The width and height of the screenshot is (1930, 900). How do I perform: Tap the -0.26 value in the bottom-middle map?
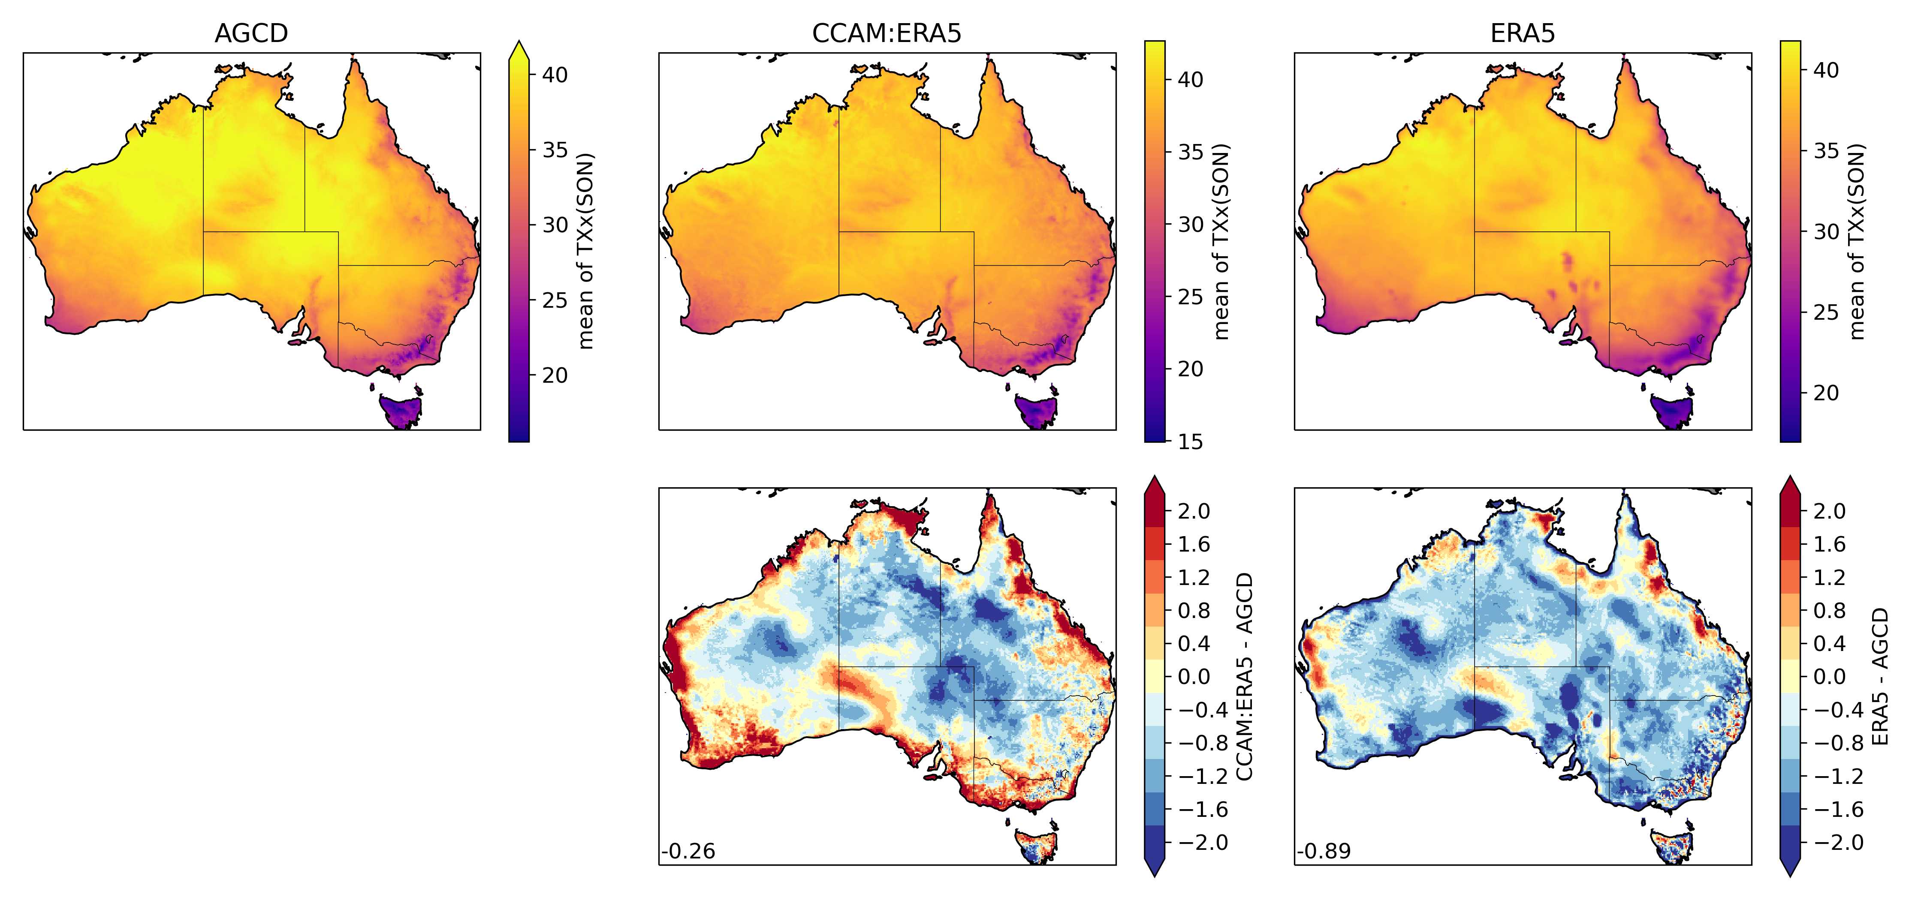click(688, 851)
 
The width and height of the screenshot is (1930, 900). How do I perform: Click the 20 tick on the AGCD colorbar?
click(555, 375)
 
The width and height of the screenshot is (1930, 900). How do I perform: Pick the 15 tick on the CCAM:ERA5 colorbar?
click(1190, 442)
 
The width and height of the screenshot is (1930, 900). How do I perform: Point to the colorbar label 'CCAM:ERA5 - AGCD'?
click(1244, 676)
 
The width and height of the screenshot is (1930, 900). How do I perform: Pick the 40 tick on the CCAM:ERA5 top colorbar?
click(1190, 79)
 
